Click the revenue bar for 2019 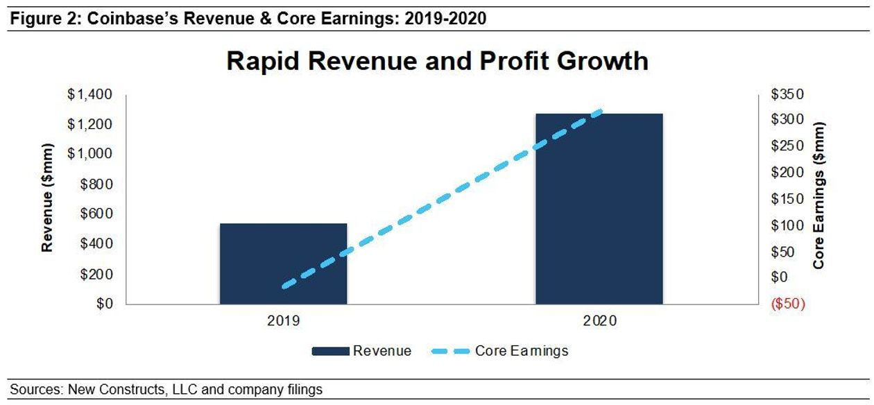point(283,264)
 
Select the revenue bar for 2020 point(599,208)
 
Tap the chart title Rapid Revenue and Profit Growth point(437,61)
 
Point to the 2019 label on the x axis point(283,321)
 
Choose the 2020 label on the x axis point(599,321)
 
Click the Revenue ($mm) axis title point(48,199)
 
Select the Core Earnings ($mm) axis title point(820,196)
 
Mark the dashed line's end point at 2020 point(600,111)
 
